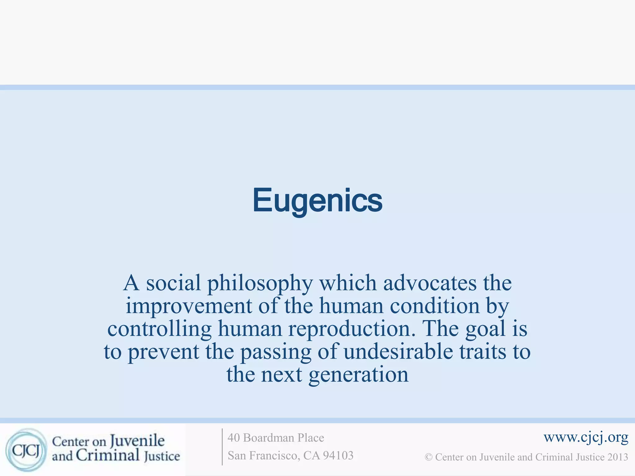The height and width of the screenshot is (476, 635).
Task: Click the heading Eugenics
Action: (317, 201)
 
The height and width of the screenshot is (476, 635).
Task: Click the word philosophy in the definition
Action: (260, 283)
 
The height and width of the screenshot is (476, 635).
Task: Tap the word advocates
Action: (430, 283)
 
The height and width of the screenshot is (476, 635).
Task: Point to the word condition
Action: (435, 306)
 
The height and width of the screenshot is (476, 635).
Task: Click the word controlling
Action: (159, 329)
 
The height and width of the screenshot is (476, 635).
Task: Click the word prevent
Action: (163, 352)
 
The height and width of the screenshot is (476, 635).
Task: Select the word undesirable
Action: (398, 352)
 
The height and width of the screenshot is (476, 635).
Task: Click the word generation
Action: (358, 375)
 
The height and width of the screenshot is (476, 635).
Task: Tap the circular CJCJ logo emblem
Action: (26, 450)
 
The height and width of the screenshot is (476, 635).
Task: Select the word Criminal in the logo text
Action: (107, 456)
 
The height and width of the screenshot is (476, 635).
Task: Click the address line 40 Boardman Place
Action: (276, 438)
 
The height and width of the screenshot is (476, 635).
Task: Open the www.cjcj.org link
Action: (586, 438)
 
